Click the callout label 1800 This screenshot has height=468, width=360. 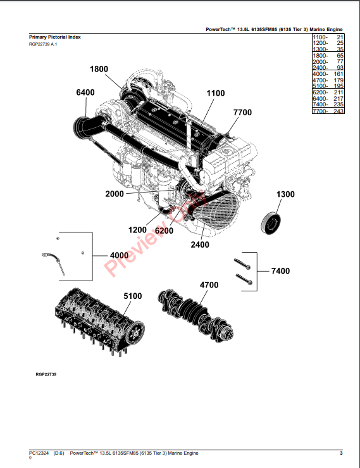pos(99,69)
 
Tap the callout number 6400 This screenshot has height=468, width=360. pos(85,92)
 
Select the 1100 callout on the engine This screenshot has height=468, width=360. pos(216,94)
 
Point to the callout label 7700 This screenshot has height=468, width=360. pos(242,113)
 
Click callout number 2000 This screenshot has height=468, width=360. pos(115,194)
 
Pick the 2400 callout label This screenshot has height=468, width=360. pos(200,244)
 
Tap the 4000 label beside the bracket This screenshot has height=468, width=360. pos(120,255)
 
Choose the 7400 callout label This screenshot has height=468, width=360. pos(280,271)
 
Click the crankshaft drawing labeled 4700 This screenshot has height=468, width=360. pos(196,315)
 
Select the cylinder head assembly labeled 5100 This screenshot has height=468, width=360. pos(99,323)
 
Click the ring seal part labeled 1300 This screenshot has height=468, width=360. pos(271,224)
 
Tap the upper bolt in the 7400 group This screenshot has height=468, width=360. pos(242,264)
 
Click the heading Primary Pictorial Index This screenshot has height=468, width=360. pos(55,37)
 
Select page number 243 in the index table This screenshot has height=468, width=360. pos(338,111)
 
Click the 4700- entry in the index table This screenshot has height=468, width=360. pos(320,80)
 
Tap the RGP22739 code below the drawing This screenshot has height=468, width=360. pos(46,374)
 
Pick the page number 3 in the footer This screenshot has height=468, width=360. pos(341,453)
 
